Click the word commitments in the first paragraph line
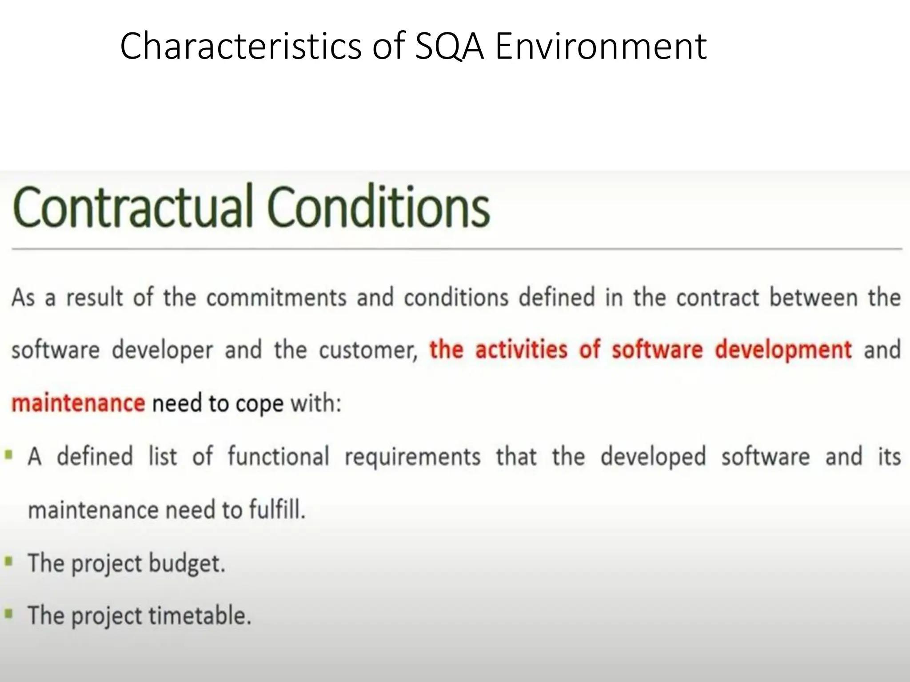click(x=276, y=297)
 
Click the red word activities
click(x=521, y=349)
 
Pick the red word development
click(x=783, y=349)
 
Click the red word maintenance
click(x=78, y=403)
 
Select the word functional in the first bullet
click(x=278, y=456)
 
